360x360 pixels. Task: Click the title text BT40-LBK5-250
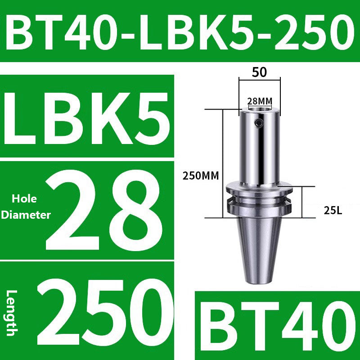point(180,31)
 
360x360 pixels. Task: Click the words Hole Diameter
point(25,207)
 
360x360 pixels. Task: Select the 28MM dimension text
point(260,100)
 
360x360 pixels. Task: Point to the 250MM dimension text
point(200,176)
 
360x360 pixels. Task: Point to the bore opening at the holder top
point(260,108)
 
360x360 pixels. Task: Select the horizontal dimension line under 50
point(260,81)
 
